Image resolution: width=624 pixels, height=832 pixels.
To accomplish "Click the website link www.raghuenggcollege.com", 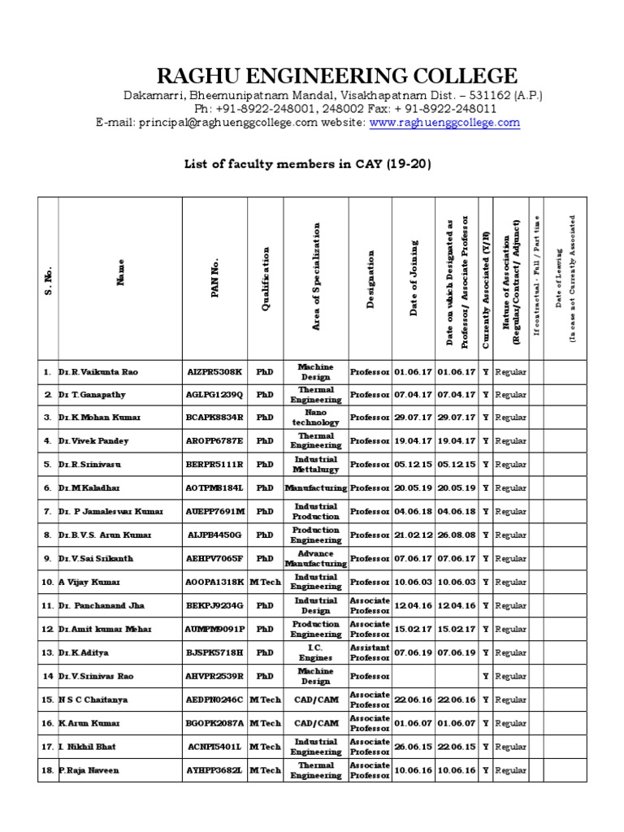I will pyautogui.click(x=444, y=123).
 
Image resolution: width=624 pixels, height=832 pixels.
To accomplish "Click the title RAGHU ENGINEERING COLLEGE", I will pyautogui.click(x=336, y=76).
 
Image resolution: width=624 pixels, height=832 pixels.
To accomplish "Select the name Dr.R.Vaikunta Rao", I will pyautogui.click(x=98, y=371).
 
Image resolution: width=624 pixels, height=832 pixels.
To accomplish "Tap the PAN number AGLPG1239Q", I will pyautogui.click(x=214, y=394).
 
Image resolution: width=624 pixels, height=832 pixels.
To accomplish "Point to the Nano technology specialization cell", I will pyautogui.click(x=316, y=418).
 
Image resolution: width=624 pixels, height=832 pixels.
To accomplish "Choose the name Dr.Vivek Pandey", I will pyautogui.click(x=93, y=441).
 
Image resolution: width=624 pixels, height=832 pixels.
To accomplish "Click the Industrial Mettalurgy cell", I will pyautogui.click(x=316, y=465).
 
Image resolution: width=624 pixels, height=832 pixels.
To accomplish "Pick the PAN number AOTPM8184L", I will pyautogui.click(x=214, y=488).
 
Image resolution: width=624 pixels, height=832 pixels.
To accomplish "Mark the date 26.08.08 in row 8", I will pyautogui.click(x=457, y=535).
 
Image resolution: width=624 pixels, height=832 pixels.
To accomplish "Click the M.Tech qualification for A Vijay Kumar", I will pyautogui.click(x=265, y=583).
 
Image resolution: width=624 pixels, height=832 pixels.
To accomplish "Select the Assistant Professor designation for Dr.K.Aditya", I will pyautogui.click(x=370, y=652).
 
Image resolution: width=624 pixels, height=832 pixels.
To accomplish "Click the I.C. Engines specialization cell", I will pyautogui.click(x=316, y=652).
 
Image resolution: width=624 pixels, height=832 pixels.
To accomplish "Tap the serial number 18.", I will pyautogui.click(x=47, y=770).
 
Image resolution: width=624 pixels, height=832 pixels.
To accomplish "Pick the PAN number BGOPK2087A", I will pyautogui.click(x=214, y=723).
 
